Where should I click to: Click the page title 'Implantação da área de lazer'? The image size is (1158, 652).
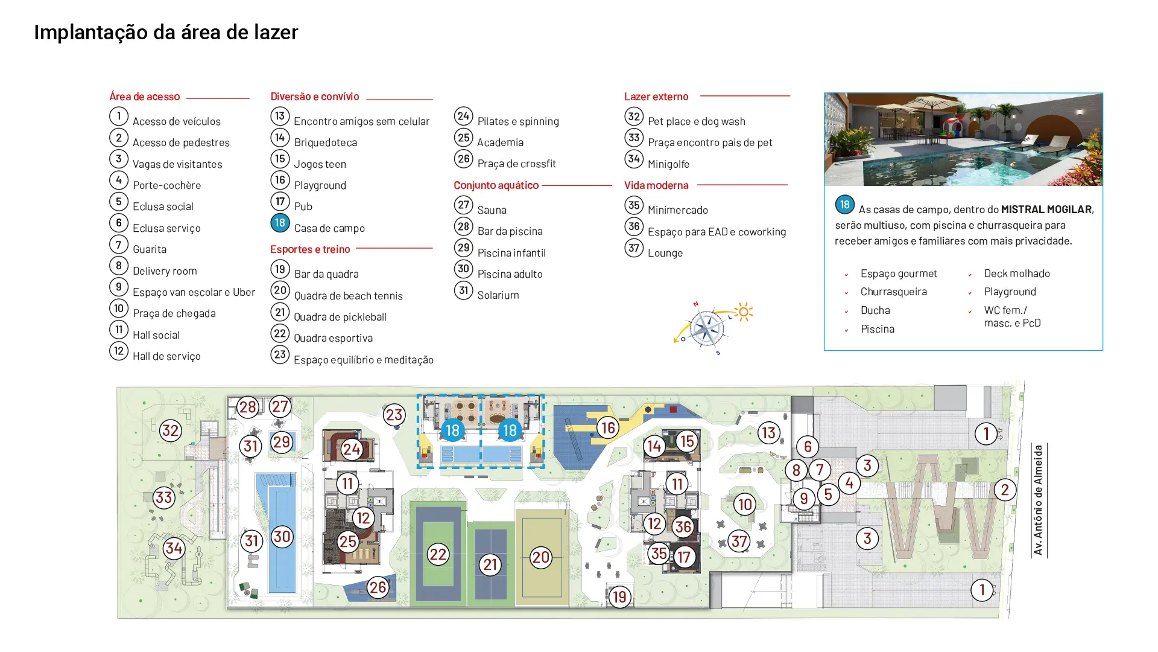166,33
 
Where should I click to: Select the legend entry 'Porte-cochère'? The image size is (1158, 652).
166,185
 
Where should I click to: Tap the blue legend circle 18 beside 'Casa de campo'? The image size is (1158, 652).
280,223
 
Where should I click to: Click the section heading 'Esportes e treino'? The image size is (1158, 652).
310,249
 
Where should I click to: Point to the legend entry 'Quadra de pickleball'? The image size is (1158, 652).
340,317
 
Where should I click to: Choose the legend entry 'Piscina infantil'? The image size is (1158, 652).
511,253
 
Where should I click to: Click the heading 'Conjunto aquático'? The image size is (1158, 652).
496,185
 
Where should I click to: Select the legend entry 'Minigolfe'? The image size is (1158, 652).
668,164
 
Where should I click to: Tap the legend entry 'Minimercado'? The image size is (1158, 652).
677,210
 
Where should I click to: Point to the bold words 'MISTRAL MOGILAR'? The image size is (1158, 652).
1046,209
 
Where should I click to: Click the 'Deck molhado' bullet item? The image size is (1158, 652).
1017,273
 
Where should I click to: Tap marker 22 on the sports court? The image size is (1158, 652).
438,554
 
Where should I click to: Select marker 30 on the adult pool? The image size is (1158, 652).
282,536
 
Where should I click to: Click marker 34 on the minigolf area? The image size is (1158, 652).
174,548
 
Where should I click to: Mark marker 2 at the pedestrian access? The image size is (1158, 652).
1004,490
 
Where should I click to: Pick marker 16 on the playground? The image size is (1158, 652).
607,427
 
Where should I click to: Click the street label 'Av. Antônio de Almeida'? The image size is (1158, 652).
1038,500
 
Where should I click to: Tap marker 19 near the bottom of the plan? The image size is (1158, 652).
619,596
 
